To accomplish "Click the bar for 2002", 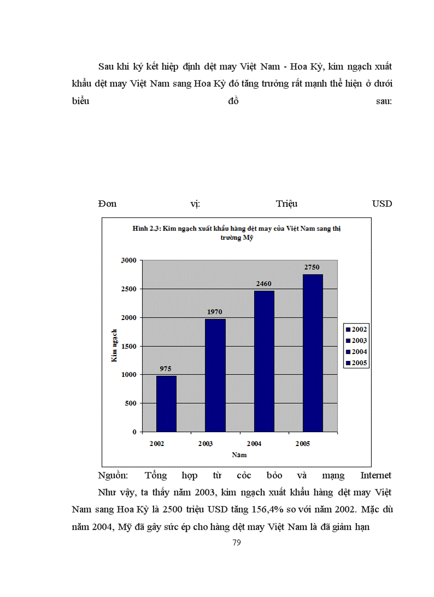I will pos(166,404).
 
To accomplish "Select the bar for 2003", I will pos(215,375).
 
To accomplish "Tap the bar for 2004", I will pos(264,361).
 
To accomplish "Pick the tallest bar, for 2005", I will pos(312,353).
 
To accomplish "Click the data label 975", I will pos(166,368).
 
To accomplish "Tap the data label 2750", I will pos(312,267).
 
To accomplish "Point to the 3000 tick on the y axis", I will pos(130,260).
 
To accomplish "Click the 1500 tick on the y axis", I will pos(130,346).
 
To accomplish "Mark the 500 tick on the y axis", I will pos(132,403).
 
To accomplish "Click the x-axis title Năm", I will pos(239,455).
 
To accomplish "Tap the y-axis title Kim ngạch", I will pos(114,346).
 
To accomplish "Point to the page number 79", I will pos(237,543).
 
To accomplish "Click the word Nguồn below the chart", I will pos(113,475).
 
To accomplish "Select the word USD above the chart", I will pos(382,204).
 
